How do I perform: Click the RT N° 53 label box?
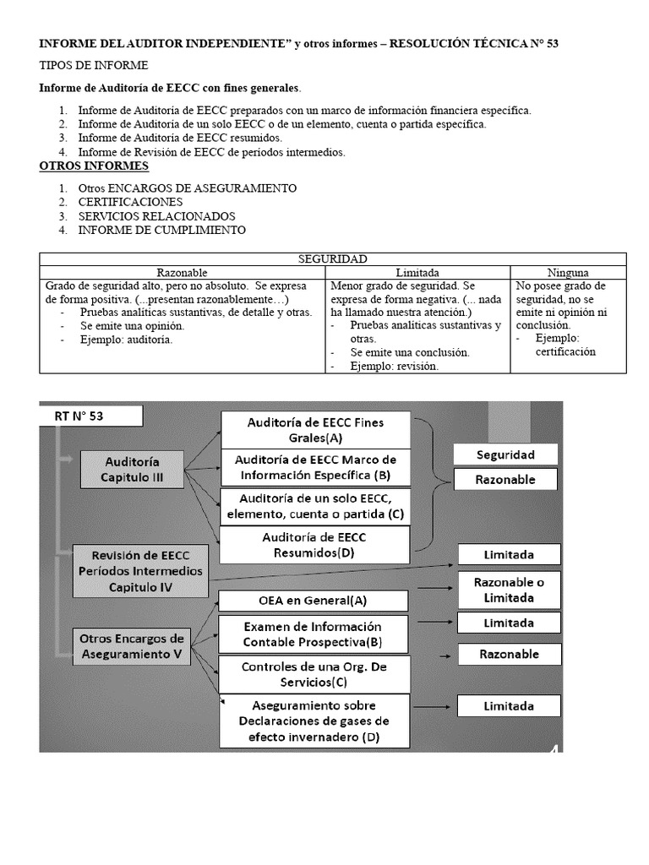[x=91, y=416]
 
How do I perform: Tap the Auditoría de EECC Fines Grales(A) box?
[x=314, y=430]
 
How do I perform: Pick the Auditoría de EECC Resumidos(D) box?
[x=314, y=545]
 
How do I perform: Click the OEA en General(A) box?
[x=314, y=601]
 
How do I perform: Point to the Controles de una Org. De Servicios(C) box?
[x=314, y=673]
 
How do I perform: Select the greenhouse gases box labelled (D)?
[x=314, y=721]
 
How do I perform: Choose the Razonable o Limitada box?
[x=509, y=590]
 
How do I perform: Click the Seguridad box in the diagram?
[x=505, y=454]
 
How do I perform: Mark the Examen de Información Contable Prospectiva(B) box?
[x=314, y=634]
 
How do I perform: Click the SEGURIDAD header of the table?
[x=333, y=259]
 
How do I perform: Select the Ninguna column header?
[x=568, y=273]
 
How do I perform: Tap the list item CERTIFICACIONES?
[x=130, y=203]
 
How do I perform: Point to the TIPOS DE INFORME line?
[x=94, y=65]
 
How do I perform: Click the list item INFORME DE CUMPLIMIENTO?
[x=161, y=230]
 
